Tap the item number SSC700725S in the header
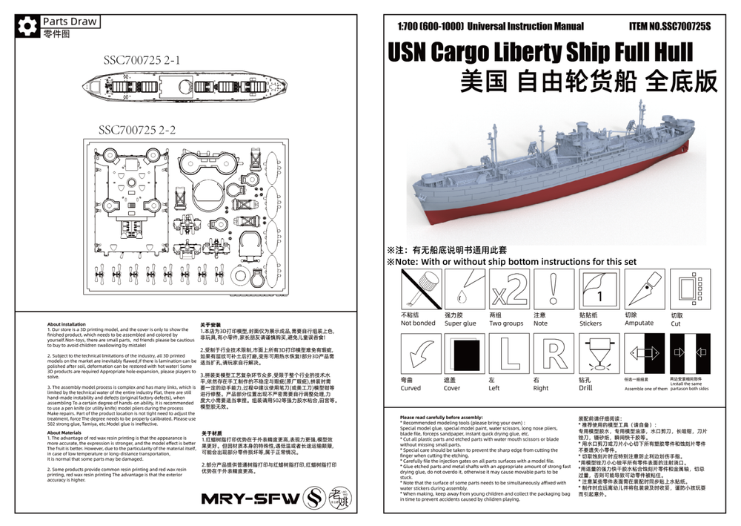[x=669, y=26]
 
